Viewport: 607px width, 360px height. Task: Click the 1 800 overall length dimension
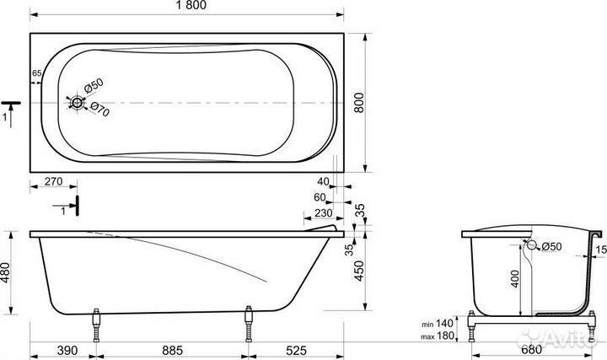191,5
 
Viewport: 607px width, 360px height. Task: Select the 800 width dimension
359,103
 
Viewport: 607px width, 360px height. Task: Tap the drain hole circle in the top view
77,103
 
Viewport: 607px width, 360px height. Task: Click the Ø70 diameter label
99,110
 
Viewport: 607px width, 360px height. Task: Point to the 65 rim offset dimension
37,73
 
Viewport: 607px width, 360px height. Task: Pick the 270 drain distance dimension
53,181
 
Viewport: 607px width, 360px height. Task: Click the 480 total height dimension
5,272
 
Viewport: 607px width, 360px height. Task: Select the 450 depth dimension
360,271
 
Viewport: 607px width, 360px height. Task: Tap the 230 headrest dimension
323,213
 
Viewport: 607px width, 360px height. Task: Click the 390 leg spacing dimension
67,351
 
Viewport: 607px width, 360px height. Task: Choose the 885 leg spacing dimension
172,351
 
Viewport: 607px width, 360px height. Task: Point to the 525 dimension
296,351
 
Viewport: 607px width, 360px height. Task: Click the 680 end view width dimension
531,350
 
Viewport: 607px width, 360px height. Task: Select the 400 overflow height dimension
515,279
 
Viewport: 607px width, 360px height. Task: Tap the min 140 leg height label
438,323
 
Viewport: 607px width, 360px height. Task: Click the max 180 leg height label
438,336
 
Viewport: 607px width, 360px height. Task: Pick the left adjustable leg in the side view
96,325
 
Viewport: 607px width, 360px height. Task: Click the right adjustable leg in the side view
249,324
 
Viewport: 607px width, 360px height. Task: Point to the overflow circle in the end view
532,245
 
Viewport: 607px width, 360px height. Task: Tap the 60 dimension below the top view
320,197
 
